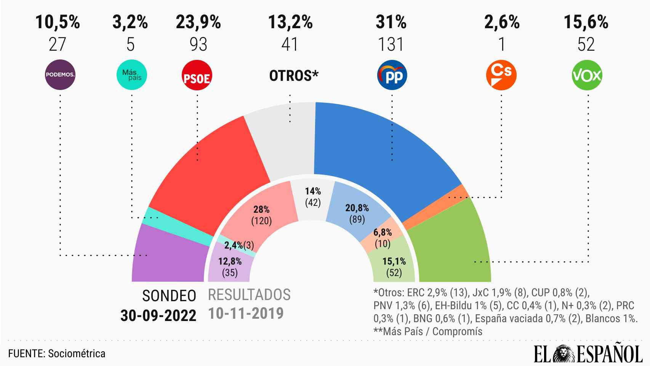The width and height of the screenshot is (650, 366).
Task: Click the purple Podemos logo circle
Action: click(x=60, y=75)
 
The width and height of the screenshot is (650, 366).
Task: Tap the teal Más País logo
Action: click(x=131, y=75)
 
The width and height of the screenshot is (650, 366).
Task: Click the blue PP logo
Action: click(x=392, y=75)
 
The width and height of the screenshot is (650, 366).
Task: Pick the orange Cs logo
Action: click(x=502, y=75)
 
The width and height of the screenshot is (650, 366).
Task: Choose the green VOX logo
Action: click(x=587, y=75)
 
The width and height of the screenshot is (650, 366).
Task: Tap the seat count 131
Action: click(x=391, y=45)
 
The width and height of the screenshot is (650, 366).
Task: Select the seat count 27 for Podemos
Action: click(x=58, y=45)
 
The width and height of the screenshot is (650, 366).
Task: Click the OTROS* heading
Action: click(x=294, y=76)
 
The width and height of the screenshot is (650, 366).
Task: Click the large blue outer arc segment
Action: click(x=381, y=152)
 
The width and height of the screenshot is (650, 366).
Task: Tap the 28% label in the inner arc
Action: click(x=261, y=209)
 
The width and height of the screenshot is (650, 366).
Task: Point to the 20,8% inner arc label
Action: click(x=357, y=208)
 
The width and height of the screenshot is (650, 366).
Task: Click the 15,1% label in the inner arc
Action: click(x=394, y=262)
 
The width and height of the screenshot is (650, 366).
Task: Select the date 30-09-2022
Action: click(x=158, y=316)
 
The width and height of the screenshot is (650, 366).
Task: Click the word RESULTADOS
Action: click(x=249, y=295)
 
